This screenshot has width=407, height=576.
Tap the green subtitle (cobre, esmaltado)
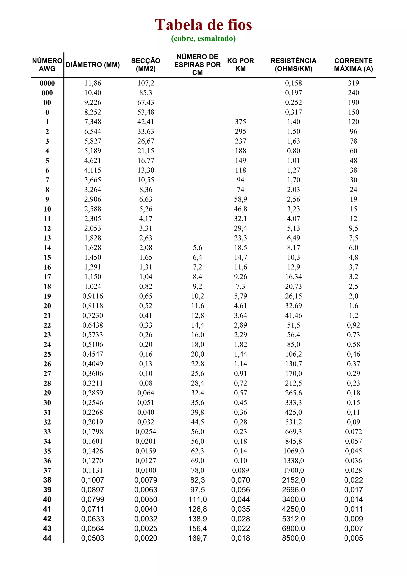(x=203, y=38)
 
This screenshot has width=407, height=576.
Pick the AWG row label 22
(x=47, y=325)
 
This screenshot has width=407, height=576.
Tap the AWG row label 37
(x=47, y=471)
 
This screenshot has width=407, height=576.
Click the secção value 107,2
(x=146, y=83)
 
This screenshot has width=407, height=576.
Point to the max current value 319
(x=353, y=83)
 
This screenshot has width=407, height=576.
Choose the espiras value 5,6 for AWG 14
(x=198, y=248)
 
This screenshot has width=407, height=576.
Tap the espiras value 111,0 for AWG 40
(x=198, y=499)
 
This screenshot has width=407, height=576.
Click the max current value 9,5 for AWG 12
(x=353, y=228)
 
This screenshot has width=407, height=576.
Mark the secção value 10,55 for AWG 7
(x=146, y=180)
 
